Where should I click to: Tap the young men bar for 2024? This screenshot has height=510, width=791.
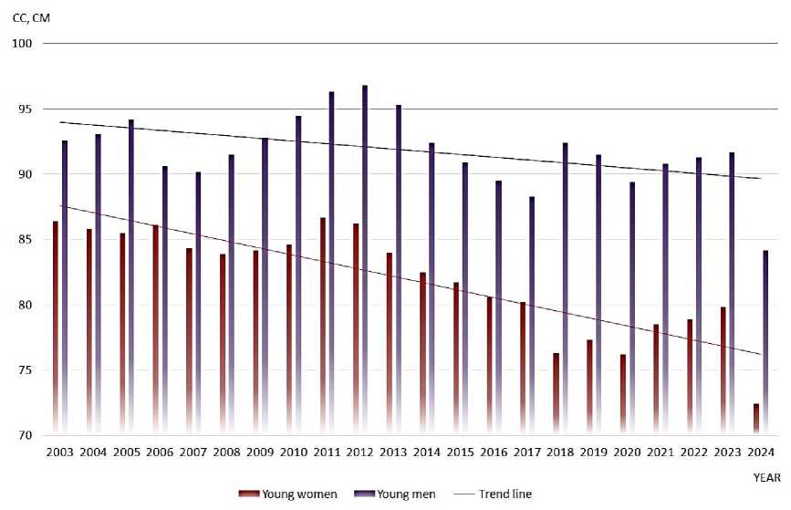click(x=766, y=342)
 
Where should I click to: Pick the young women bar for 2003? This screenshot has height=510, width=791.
click(x=56, y=328)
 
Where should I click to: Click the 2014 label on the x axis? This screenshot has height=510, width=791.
click(x=426, y=453)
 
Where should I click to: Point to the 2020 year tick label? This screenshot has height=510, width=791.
click(x=627, y=453)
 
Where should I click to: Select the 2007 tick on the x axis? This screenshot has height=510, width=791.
click(x=192, y=453)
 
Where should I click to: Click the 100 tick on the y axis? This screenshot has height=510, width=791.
click(x=22, y=44)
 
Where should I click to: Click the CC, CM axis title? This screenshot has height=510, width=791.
click(x=31, y=16)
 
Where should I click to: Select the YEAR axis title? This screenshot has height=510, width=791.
click(x=766, y=477)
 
